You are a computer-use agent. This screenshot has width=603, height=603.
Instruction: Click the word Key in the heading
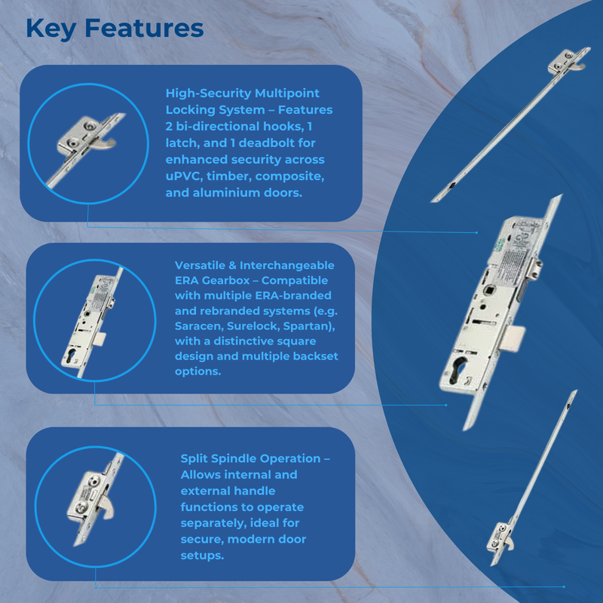coord(51,29)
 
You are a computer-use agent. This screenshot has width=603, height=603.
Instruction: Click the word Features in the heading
coord(144,29)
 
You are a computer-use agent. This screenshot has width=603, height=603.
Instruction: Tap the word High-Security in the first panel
coord(208,93)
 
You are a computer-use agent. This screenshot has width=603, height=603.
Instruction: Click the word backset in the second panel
coord(315,356)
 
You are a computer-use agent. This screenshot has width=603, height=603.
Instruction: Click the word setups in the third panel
coord(202,556)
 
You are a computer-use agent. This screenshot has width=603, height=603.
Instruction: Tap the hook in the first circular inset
coord(107,143)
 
